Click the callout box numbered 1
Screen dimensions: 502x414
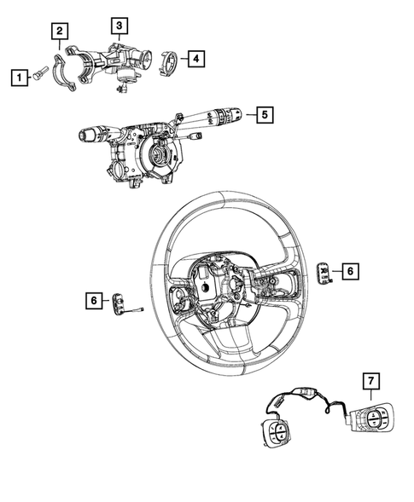tap(16, 78)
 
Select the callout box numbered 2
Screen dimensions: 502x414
tap(59, 32)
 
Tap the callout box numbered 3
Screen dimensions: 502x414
tap(120, 25)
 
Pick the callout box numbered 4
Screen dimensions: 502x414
tap(196, 59)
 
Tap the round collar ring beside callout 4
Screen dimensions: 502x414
tap(168, 61)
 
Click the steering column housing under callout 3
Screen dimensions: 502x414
tap(120, 60)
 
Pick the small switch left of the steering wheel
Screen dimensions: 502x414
tap(119, 303)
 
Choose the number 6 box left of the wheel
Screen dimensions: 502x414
tap(91, 300)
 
